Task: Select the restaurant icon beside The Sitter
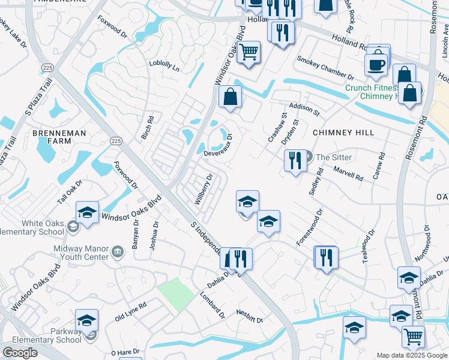tap(294, 161)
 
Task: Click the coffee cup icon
tap(376, 64)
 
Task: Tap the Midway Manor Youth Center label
tap(80, 253)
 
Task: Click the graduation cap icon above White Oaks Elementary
tap(88, 213)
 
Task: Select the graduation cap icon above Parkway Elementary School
tap(87, 320)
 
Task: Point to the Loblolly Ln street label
tap(164, 65)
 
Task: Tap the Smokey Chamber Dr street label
tap(325, 68)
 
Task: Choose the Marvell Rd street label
tap(349, 175)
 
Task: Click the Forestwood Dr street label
tap(310, 227)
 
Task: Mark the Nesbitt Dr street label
tap(250, 316)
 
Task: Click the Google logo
tap(20, 352)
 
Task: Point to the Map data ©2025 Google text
tap(411, 355)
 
